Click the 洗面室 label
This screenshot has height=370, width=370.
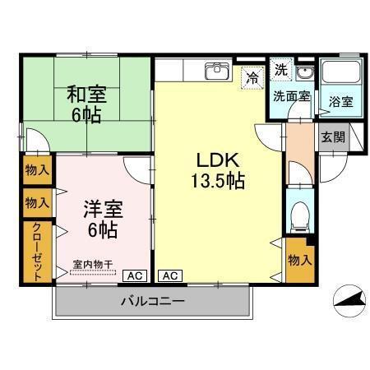click(291, 95)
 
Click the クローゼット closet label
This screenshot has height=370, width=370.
click(37, 252)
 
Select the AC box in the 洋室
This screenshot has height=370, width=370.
click(135, 275)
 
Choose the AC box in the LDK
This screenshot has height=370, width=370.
click(169, 275)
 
